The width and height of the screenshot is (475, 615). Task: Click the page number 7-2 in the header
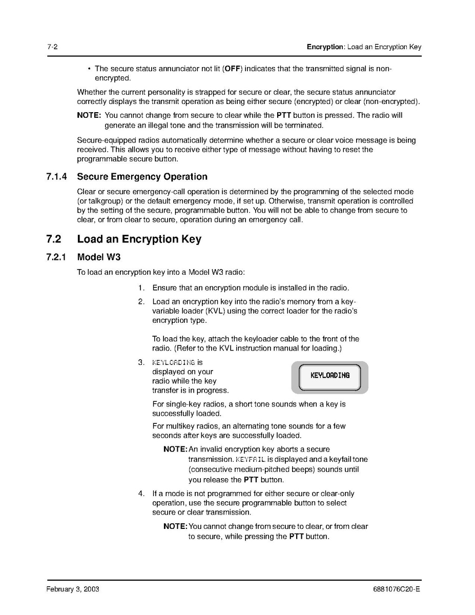click(52, 47)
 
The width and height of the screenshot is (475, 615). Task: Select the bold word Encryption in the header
click(325, 47)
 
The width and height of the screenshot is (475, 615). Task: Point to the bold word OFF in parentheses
click(233, 69)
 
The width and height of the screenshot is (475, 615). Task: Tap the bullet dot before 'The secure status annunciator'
click(89, 69)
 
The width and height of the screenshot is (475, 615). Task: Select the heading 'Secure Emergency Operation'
click(142, 177)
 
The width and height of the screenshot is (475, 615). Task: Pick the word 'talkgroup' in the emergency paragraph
click(97, 201)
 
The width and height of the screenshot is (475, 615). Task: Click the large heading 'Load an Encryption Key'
click(139, 239)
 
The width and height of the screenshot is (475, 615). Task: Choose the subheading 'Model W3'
click(98, 257)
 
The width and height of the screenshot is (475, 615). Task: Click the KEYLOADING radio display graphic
click(330, 377)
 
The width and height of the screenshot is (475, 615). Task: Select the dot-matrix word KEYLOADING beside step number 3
click(174, 363)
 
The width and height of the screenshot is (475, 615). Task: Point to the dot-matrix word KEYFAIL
click(251, 459)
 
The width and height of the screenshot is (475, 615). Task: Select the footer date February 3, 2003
click(73, 589)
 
